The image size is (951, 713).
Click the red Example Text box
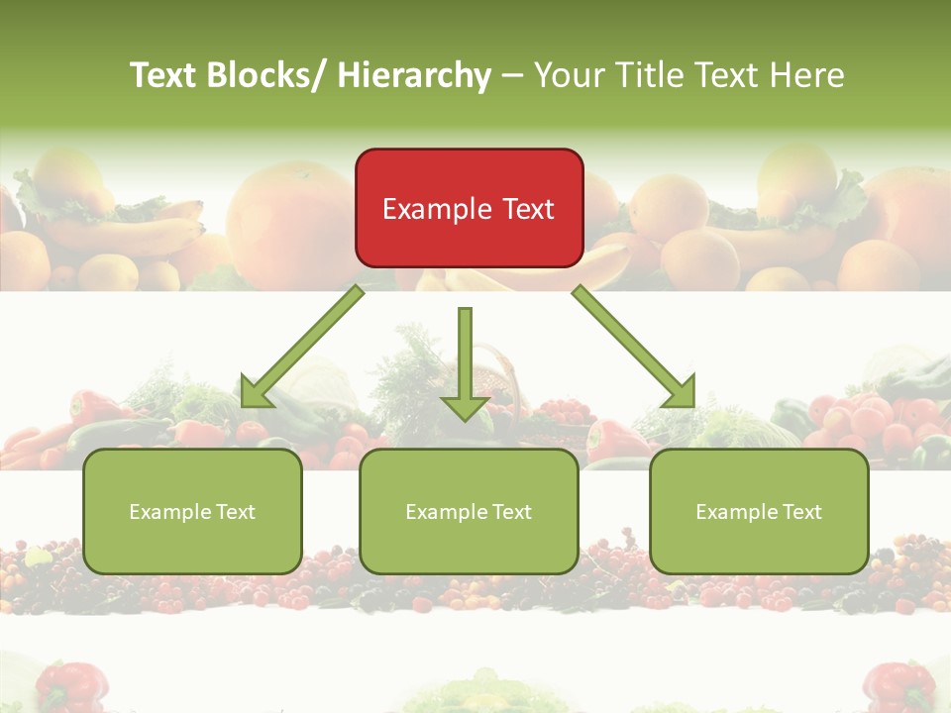(x=469, y=208)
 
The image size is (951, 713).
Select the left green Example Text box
(x=192, y=511)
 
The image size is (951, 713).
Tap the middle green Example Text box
(x=469, y=511)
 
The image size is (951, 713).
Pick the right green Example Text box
(x=759, y=511)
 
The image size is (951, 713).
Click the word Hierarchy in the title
(x=414, y=75)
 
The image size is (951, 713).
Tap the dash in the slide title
(x=512, y=75)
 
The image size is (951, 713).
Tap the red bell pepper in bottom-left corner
(x=71, y=686)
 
